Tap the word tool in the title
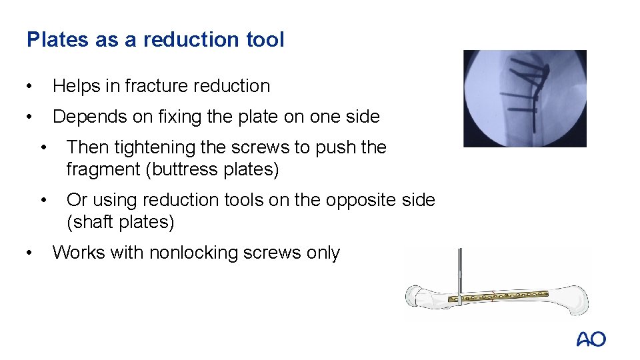click(265, 40)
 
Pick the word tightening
click(153, 147)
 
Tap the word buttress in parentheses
click(184, 169)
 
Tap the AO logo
click(591, 339)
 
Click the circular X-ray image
click(525, 98)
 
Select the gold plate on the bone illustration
click(507, 295)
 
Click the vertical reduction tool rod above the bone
click(459, 270)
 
